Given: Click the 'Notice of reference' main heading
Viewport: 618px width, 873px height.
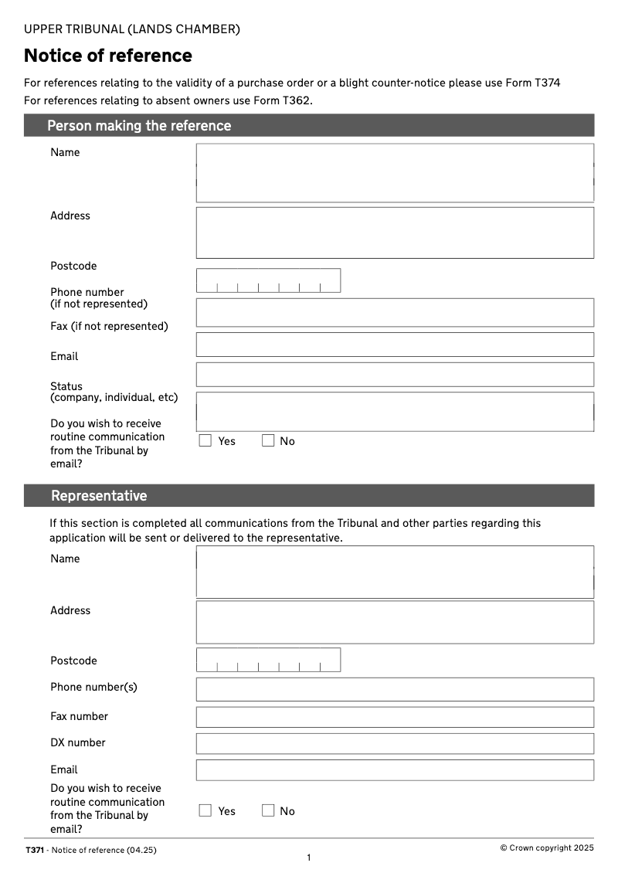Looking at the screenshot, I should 108,56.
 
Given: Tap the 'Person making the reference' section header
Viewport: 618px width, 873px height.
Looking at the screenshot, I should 139,126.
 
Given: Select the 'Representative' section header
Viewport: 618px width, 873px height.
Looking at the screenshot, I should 99,496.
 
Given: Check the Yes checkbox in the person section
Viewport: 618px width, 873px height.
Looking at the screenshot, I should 205,441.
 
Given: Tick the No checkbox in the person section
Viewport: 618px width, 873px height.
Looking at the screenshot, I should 268,441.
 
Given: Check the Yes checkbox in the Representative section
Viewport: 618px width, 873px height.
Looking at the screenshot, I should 205,810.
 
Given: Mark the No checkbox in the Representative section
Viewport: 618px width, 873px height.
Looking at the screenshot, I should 268,810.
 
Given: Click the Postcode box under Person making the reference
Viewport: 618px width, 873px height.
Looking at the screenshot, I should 268,280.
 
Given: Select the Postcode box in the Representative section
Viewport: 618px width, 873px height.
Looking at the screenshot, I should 268,660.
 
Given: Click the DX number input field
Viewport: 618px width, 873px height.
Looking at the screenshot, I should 395,743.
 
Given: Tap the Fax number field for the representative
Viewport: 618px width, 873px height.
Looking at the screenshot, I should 395,717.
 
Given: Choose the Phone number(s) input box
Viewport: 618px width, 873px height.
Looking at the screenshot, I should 395,689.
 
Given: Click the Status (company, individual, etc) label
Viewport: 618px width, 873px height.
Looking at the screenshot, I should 114,392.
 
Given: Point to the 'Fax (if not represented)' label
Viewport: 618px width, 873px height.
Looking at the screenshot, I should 109,326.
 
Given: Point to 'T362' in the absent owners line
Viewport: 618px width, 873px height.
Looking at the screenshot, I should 296,100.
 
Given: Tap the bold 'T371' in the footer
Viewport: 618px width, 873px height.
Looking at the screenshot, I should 35,850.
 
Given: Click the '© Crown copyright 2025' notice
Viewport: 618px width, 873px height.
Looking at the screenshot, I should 547,848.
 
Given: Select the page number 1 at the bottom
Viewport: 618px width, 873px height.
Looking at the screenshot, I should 309,858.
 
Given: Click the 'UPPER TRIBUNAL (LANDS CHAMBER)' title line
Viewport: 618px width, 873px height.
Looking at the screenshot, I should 132,29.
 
